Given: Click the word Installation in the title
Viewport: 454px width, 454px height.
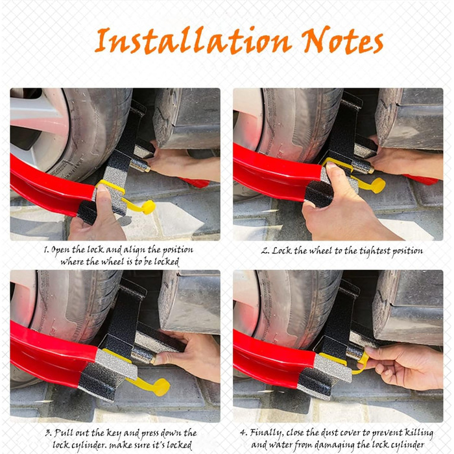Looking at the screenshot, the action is [193, 40].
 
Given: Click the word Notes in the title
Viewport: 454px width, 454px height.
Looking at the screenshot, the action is [342, 40].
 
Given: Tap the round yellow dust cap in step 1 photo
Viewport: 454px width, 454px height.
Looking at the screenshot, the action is [149, 207].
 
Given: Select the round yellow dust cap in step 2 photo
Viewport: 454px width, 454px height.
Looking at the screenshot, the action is [378, 185].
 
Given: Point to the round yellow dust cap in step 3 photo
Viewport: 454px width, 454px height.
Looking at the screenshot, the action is [161, 387].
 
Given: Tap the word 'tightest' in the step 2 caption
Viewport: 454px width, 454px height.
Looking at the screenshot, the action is [374, 251].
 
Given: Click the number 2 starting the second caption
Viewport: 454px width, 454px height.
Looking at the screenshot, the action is [265, 251].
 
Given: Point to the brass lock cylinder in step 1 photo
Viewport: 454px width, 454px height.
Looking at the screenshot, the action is [140, 165].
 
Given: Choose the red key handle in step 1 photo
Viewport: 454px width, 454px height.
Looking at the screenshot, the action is [195, 182].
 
